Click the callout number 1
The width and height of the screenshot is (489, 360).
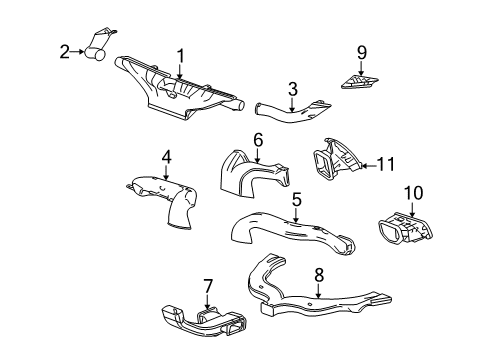181,55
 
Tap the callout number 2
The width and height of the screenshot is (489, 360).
64,50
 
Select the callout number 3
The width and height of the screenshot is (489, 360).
292,90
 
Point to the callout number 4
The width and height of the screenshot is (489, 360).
166,156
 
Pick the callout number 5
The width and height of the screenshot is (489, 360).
296,200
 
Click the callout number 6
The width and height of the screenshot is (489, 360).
257,141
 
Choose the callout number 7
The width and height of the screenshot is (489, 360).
208,288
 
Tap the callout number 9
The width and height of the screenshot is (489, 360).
362,52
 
